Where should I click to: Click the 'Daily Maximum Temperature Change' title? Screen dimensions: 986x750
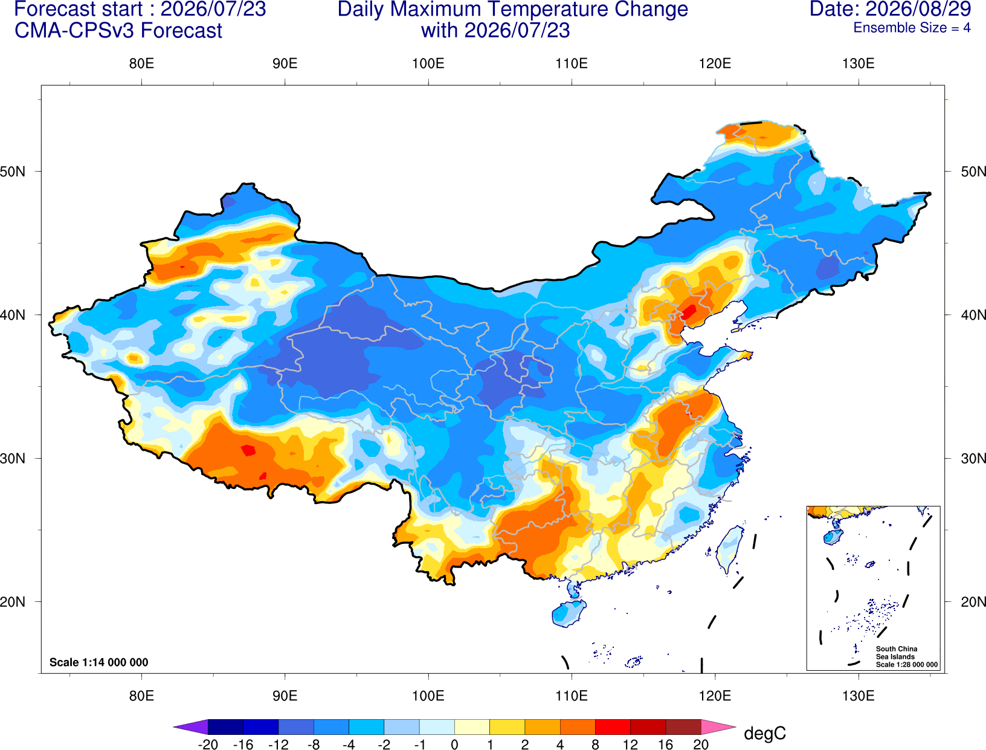coord(512,9)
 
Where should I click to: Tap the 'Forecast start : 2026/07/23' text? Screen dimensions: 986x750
coord(140,9)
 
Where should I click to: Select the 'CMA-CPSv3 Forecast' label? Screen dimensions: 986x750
coord(118,31)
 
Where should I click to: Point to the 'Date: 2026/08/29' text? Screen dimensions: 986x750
coord(890,9)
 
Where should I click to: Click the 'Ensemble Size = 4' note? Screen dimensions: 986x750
coord(912,28)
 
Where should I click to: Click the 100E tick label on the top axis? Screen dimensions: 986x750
coord(428,63)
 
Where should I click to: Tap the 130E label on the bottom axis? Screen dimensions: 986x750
coord(858,696)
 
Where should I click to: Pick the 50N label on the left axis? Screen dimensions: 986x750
coord(13,171)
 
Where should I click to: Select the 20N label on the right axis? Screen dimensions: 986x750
coord(973,602)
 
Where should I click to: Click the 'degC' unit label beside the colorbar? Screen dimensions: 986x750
coord(764,733)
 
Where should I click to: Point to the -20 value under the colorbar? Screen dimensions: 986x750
coord(208,745)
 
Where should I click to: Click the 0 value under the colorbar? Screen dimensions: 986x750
coord(454,745)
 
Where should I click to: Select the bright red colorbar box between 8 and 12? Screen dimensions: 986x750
coord(613,726)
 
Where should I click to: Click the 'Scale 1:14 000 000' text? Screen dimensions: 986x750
coord(99,662)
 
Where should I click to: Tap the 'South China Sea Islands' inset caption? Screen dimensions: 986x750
coord(896,653)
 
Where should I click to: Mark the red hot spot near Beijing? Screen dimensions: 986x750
coord(689,311)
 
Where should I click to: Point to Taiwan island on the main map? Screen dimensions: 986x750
coord(729,549)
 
